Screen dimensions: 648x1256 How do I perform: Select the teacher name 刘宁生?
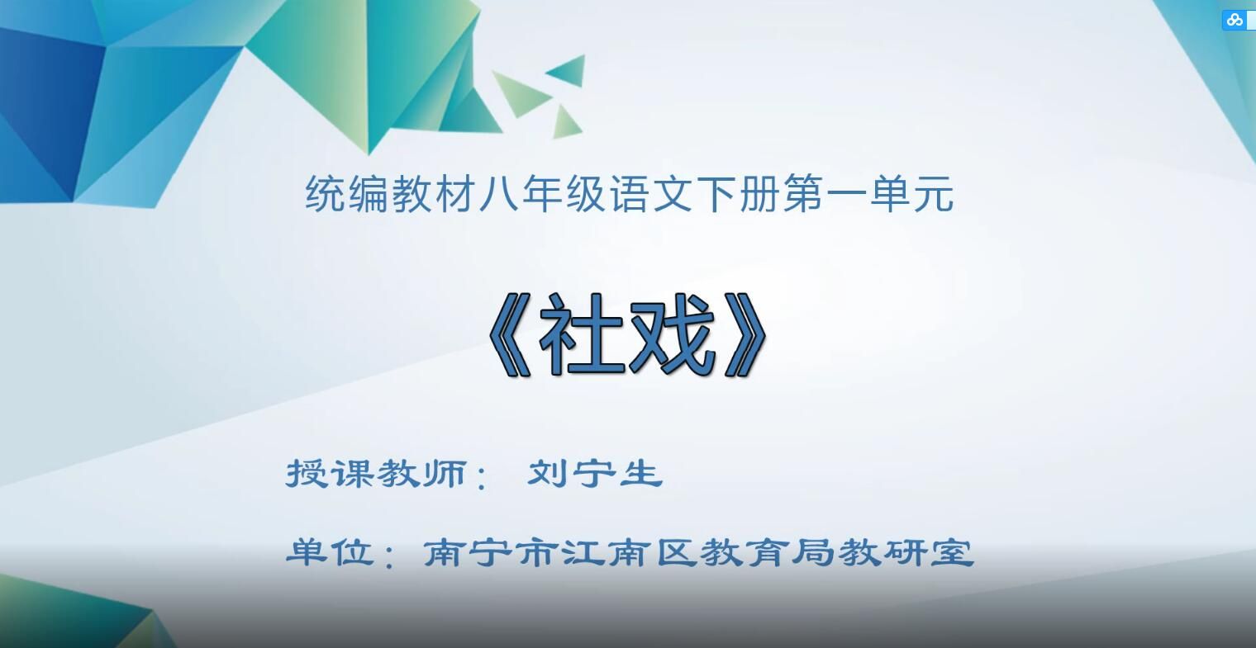pyautogui.click(x=595, y=474)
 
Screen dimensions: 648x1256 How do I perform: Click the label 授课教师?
pyautogui.click(x=377, y=474)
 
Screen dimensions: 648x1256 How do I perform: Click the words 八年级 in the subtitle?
pyautogui.click(x=521, y=196)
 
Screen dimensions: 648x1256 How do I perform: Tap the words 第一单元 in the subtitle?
pyautogui.click(x=868, y=196)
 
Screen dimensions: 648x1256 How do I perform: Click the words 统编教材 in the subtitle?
pyautogui.click(x=370, y=196)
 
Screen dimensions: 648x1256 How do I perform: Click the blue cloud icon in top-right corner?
pyautogui.click(x=1235, y=20)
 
